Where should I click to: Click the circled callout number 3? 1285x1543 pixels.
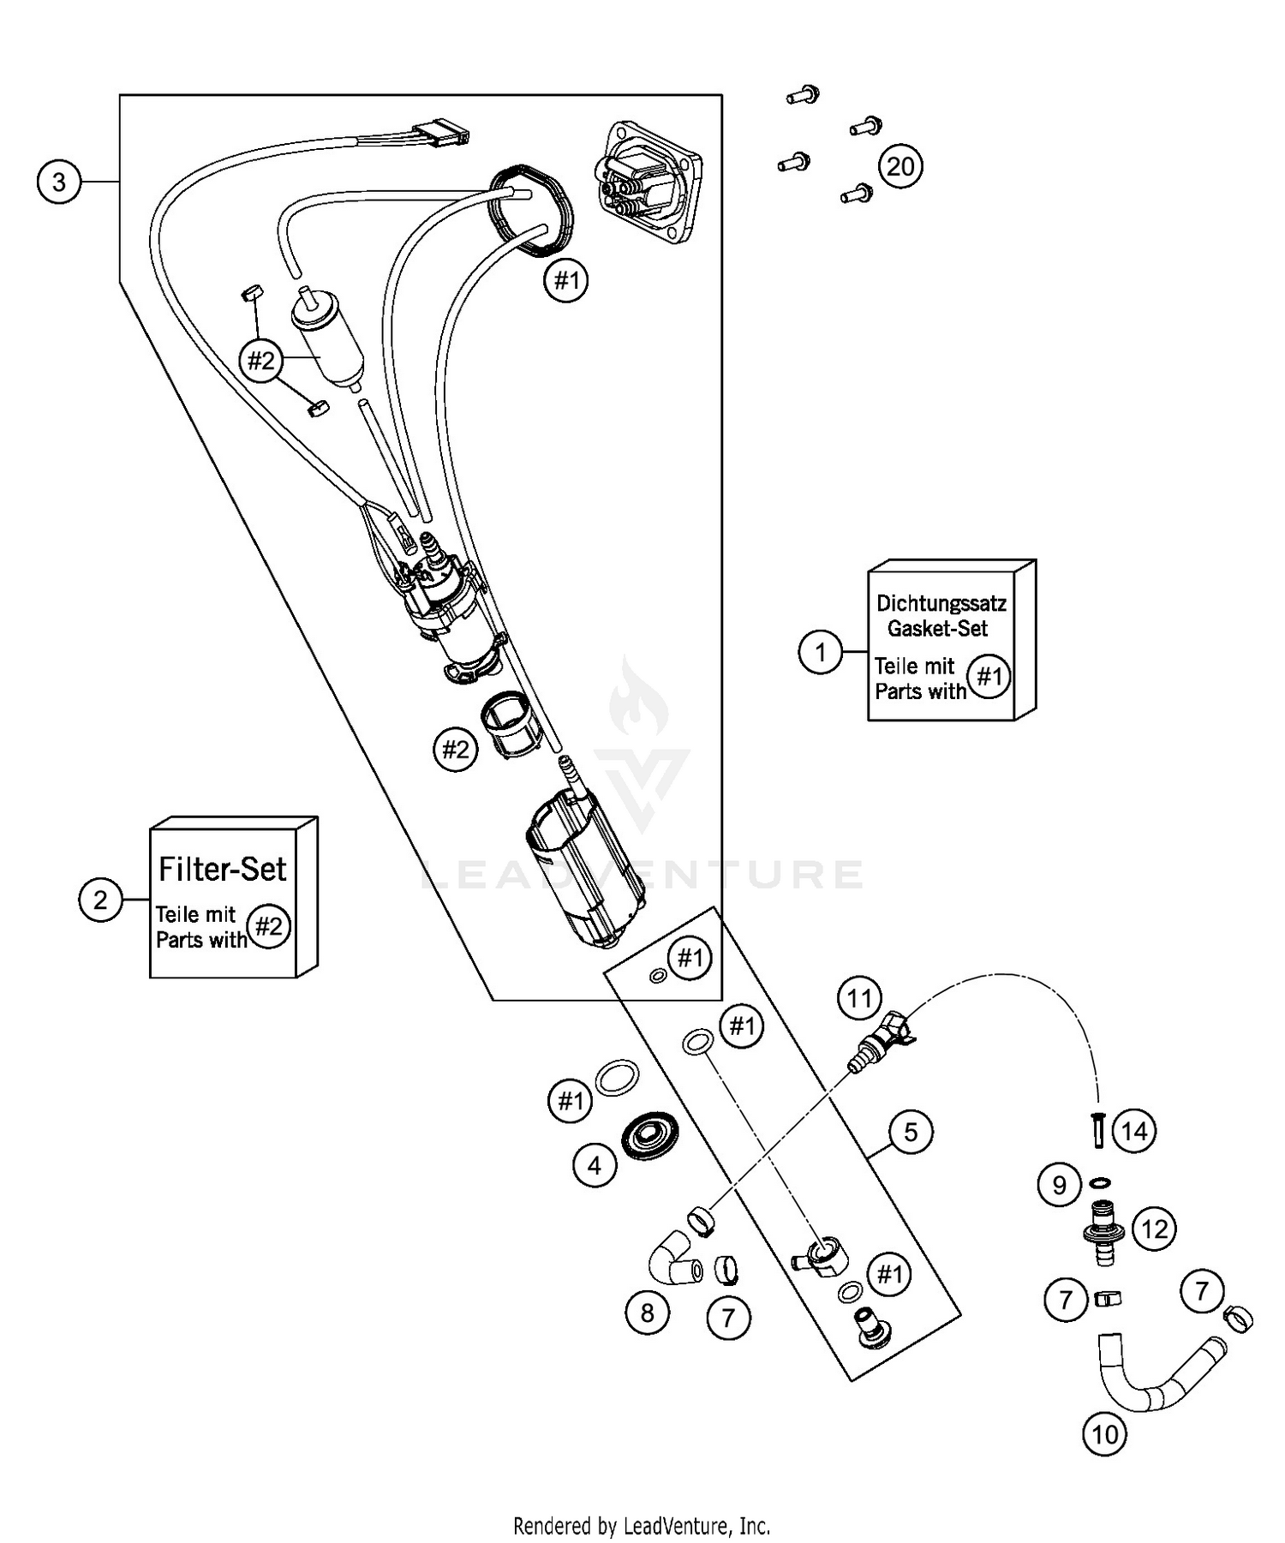click(x=58, y=182)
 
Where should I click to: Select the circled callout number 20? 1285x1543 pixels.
click(x=900, y=166)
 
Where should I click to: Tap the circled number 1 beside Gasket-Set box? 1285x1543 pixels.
click(x=821, y=653)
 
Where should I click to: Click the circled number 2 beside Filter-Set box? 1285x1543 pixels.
click(x=100, y=900)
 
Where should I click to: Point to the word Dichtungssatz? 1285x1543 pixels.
click(x=941, y=602)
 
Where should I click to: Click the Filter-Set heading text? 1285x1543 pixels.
click(x=223, y=869)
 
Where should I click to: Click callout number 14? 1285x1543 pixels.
click(x=1133, y=1132)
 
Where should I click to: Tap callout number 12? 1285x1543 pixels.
click(x=1154, y=1229)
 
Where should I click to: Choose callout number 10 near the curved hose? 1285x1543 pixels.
click(x=1105, y=1433)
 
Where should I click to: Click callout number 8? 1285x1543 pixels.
click(x=647, y=1313)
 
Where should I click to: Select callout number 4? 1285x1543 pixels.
click(x=594, y=1164)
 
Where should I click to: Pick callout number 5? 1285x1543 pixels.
click(x=910, y=1133)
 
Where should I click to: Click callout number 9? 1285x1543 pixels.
click(x=1059, y=1185)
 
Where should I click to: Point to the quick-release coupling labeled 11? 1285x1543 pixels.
click(x=880, y=1034)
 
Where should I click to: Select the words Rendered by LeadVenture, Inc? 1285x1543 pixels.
click(x=641, y=1525)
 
